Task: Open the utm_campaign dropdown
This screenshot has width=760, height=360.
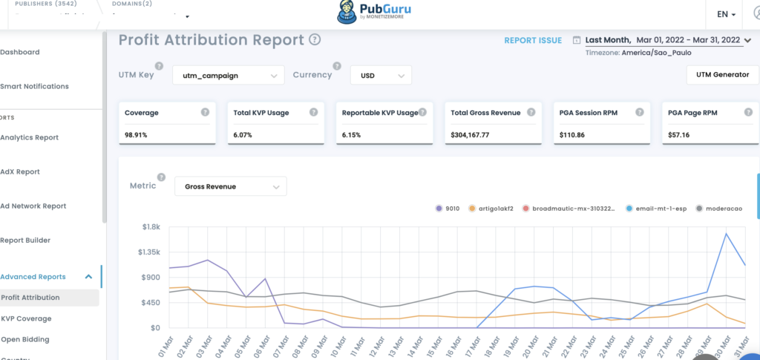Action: (229, 75)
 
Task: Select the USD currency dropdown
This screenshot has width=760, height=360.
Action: (381, 75)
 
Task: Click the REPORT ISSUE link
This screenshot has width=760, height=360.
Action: (533, 40)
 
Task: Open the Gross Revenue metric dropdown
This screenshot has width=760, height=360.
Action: (230, 186)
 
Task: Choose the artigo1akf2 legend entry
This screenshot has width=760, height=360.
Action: (497, 209)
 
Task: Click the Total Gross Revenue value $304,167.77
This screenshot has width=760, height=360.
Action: (470, 135)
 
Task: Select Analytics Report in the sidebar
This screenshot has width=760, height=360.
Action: (30, 137)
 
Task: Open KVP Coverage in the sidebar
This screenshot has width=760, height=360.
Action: (27, 318)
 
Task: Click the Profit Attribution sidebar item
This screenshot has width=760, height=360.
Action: (30, 298)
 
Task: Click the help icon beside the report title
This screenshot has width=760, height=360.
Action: (315, 40)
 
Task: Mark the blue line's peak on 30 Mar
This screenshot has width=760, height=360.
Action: (726, 234)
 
